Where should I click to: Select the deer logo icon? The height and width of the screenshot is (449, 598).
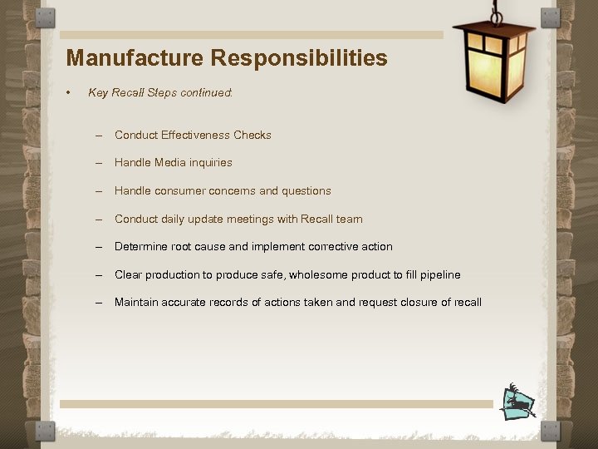(518, 402)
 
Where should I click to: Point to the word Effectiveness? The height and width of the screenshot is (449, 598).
(195, 135)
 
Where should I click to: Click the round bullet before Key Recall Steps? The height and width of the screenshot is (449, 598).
(70, 92)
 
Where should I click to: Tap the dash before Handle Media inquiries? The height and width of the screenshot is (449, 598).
(98, 163)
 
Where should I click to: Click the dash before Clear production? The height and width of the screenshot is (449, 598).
(98, 275)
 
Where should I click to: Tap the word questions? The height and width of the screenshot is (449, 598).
(306, 191)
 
